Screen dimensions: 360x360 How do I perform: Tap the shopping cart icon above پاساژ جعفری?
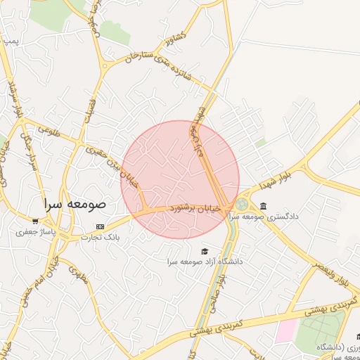pyautogui.click(x=34, y=221)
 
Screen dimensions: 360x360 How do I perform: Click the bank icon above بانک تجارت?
pyautogui.click(x=100, y=226)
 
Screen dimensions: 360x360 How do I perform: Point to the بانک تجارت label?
pyautogui.click(x=100, y=238)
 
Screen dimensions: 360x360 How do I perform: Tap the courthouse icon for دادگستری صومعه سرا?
pyautogui.click(x=263, y=206)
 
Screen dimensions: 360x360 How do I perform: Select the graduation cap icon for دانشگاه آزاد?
pyautogui.click(x=205, y=251)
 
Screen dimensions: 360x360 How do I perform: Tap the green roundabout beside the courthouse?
pyautogui.click(x=242, y=204)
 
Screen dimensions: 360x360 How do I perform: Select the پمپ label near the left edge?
pyautogui.click(x=10, y=41)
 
